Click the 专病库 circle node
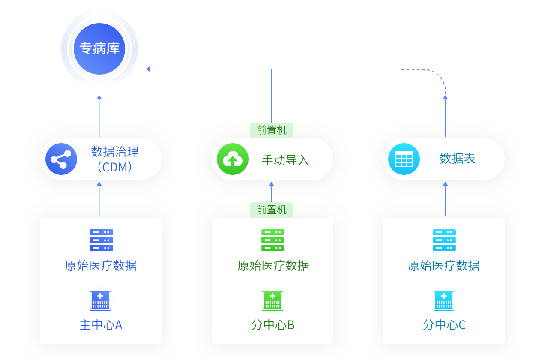pyautogui.click(x=99, y=48)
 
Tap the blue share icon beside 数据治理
pyautogui.click(x=61, y=159)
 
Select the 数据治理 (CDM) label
pyautogui.click(x=115, y=159)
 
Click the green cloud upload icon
pyautogui.click(x=232, y=159)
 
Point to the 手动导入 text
pyautogui.click(x=285, y=160)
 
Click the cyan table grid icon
pyautogui.click(x=404, y=159)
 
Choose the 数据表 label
pyautogui.click(x=457, y=159)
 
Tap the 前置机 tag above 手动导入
pyautogui.click(x=272, y=130)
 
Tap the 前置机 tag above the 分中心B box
pyautogui.click(x=272, y=210)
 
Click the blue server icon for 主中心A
pyautogui.click(x=102, y=240)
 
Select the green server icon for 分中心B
pyautogui.click(x=273, y=240)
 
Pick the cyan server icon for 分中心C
pyautogui.click(x=444, y=240)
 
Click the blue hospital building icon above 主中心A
pyautogui.click(x=100, y=300)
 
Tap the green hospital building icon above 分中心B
pyautogui.click(x=272, y=300)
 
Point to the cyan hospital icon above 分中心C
pyautogui.click(x=444, y=300)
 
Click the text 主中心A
pyautogui.click(x=101, y=325)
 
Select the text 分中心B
pyautogui.click(x=272, y=325)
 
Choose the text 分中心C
pyautogui.click(x=444, y=325)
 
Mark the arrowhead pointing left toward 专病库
pyautogui.click(x=148, y=69)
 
